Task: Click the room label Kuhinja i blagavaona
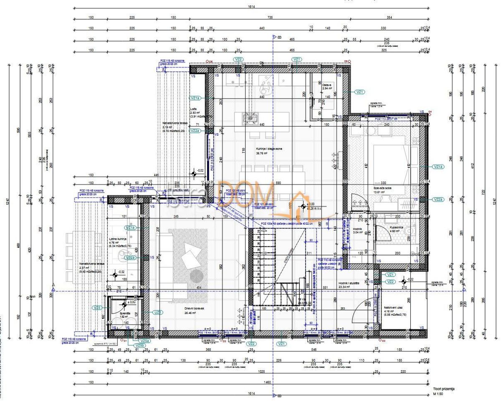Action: click(x=269, y=149)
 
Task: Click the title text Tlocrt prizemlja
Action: click(x=443, y=389)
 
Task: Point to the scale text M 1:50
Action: click(x=437, y=394)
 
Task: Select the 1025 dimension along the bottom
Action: click(x=261, y=372)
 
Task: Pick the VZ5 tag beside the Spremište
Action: click(x=98, y=308)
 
